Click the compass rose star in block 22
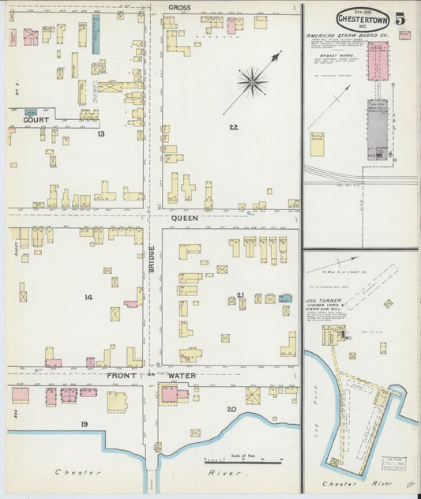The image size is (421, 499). pos(252,80)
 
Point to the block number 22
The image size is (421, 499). pos(233,127)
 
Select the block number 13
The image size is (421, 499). pos(100,134)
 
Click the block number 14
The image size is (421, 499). pos(88,297)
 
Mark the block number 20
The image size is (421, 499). pos(231,408)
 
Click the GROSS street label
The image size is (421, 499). pos(178,7)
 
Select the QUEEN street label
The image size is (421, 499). pos(185,216)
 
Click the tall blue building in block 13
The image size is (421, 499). pos(96,35)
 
